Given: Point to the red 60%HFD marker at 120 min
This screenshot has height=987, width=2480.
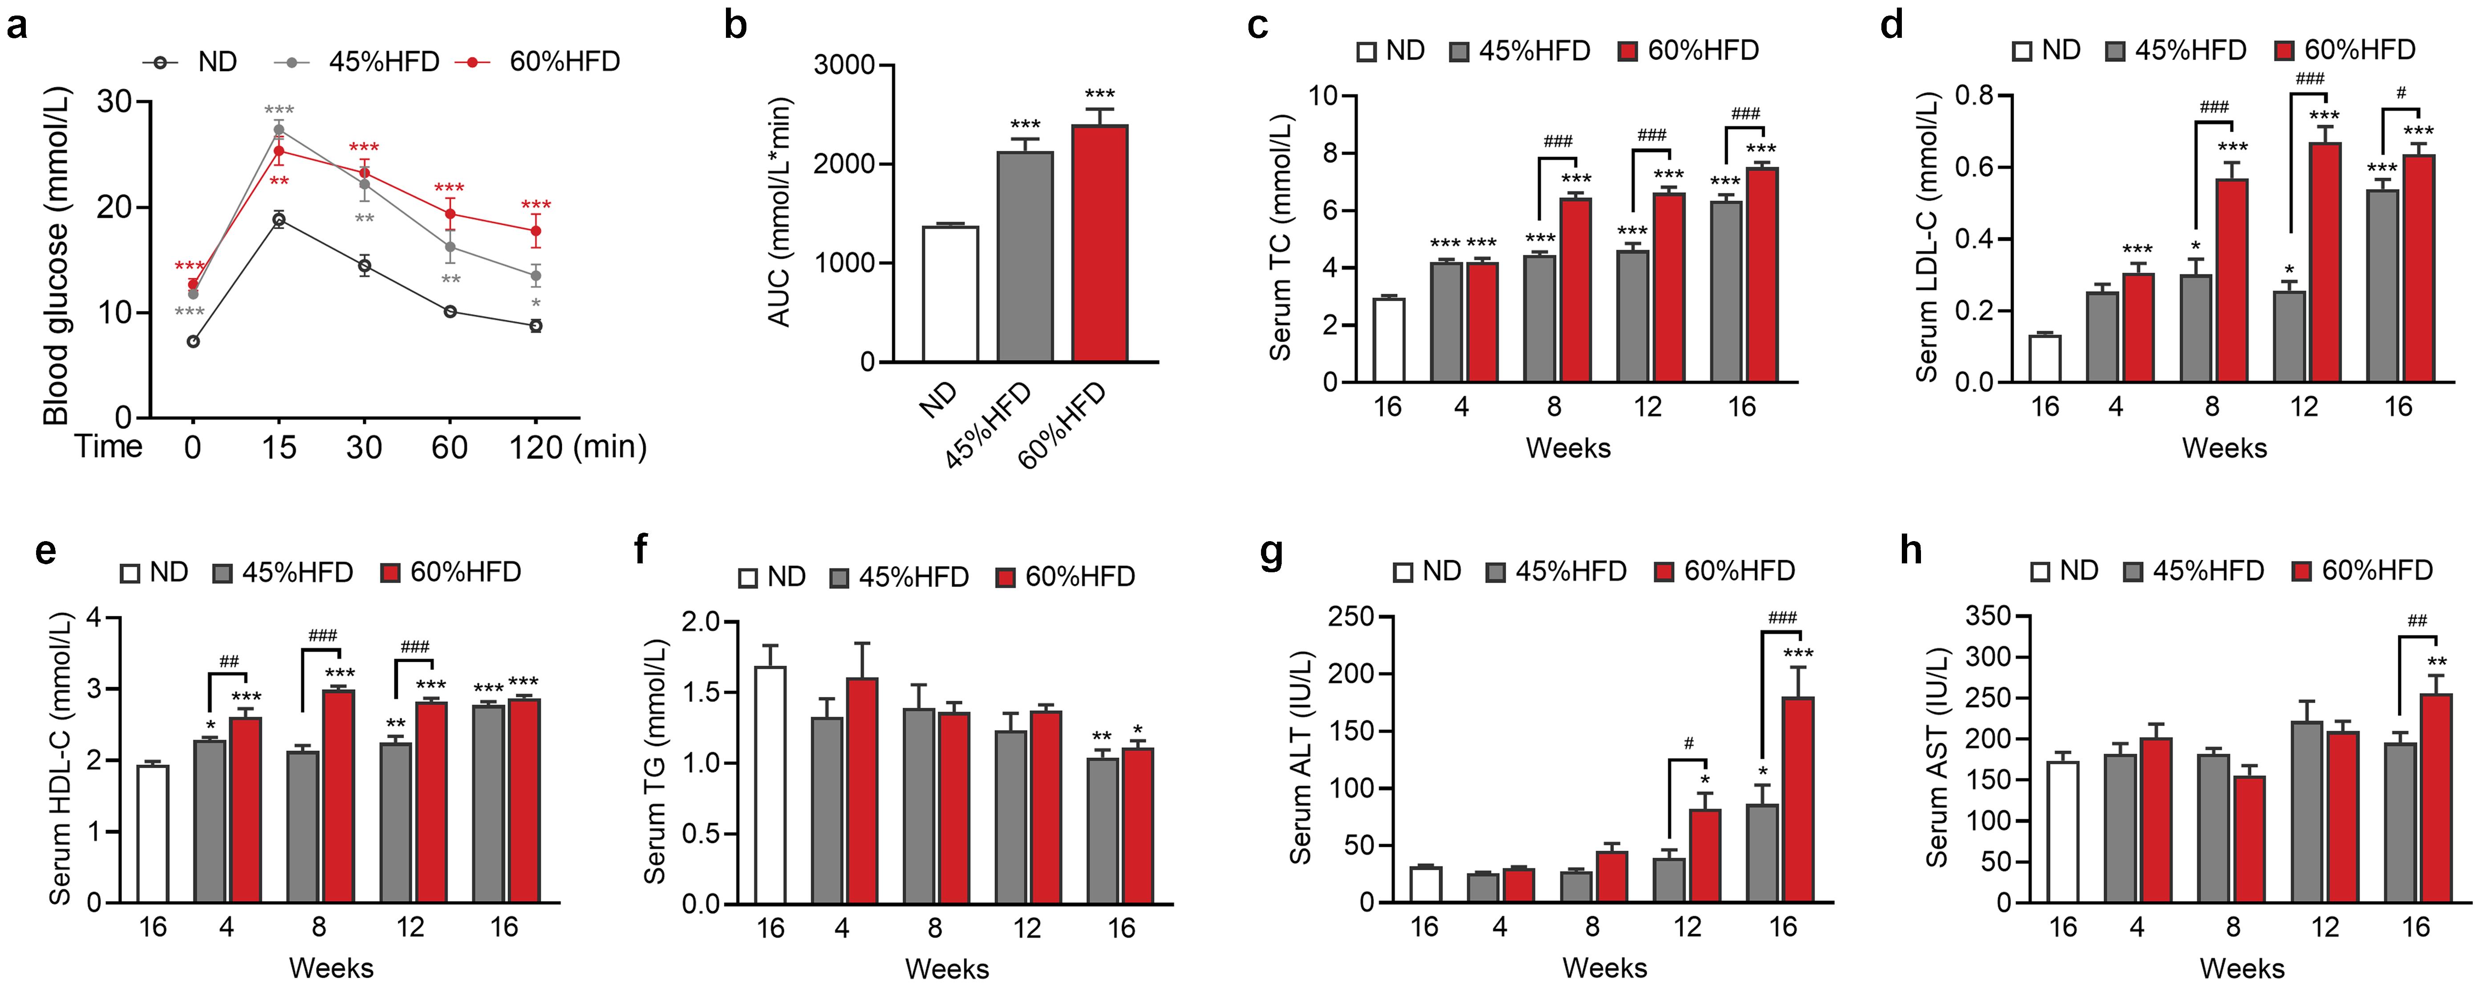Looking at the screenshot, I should [535, 231].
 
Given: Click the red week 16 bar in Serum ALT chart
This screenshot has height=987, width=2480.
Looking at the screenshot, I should [1797, 799].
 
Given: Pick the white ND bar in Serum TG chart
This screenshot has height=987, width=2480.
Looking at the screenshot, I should [770, 785].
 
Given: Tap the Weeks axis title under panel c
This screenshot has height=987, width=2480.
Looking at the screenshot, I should [1567, 448].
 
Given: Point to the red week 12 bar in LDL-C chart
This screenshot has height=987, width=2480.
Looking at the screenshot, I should [2324, 262].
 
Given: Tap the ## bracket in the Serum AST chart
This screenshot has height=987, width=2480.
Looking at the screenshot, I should [2416, 638].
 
